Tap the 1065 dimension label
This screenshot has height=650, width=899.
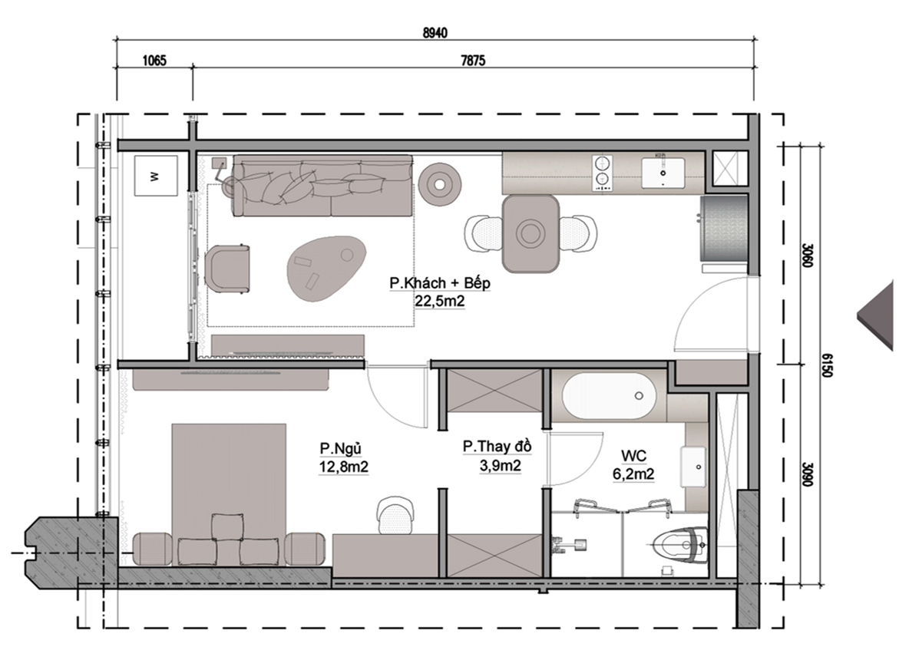click(x=154, y=60)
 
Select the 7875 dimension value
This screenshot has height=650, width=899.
click(x=473, y=60)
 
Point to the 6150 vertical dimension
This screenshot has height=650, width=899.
click(x=826, y=365)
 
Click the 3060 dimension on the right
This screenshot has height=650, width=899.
click(x=808, y=255)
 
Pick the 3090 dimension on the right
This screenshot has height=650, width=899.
click(x=808, y=473)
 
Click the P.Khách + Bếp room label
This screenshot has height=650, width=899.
click(x=440, y=283)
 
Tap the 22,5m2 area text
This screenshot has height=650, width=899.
click(x=440, y=301)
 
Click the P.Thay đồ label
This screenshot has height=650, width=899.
click(x=497, y=447)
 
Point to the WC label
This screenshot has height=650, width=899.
click(x=633, y=457)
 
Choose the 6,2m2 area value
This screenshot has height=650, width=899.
click(x=633, y=474)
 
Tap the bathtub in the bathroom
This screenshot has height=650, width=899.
click(x=610, y=395)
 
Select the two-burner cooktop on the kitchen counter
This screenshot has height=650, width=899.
click(x=602, y=173)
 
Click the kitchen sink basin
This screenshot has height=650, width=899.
click(x=663, y=173)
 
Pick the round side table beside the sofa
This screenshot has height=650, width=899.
click(x=440, y=184)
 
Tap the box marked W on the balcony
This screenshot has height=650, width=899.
click(x=156, y=176)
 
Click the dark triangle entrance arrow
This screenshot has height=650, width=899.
click(x=878, y=314)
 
